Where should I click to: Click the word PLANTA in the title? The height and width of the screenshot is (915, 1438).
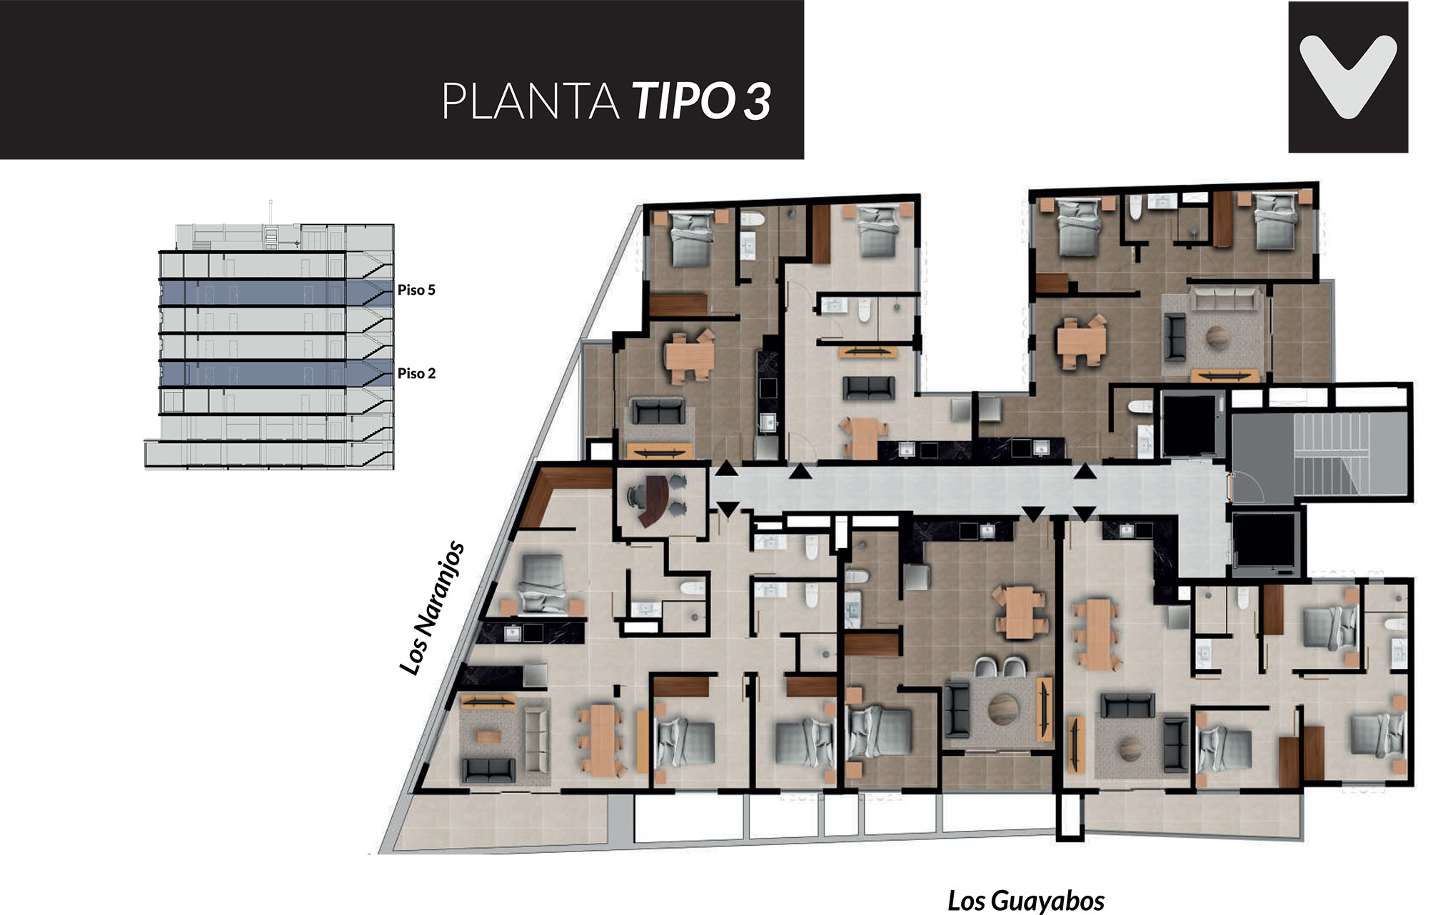pos(531,101)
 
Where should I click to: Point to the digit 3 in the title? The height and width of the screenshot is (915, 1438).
pos(758,101)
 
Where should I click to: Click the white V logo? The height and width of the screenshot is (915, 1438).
pos(1348,76)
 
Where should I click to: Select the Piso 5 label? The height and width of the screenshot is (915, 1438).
pos(416,290)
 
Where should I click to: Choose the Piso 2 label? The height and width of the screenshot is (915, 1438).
pos(416,373)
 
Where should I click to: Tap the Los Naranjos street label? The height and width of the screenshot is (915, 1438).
pos(431,608)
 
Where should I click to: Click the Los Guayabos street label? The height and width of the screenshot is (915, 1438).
pos(1026,901)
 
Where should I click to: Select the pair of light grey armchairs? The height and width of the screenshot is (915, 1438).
pos(998,668)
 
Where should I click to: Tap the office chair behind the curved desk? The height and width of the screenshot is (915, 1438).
pos(634,493)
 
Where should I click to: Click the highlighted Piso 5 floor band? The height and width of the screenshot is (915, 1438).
pos(276,293)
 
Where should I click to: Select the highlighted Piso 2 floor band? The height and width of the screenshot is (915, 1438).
pos(276,374)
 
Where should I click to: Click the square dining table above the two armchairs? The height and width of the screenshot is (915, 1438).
pos(1020,612)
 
